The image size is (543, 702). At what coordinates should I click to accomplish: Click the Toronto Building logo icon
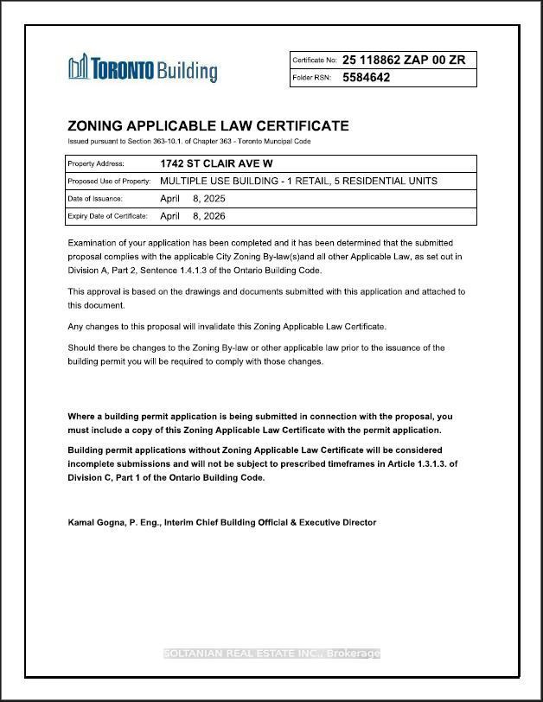click(79, 67)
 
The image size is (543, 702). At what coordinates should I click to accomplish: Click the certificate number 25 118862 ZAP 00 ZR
click(404, 60)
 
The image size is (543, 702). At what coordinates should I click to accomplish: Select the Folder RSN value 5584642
click(366, 78)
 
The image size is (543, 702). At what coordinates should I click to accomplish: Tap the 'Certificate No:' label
click(314, 61)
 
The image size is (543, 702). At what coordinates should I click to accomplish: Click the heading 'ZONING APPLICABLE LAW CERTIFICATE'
click(208, 125)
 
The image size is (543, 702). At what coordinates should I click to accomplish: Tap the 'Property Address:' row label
click(96, 163)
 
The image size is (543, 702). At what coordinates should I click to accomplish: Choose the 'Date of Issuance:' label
click(95, 199)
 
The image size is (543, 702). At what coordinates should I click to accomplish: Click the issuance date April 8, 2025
click(192, 199)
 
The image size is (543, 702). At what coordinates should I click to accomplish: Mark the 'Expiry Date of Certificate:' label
click(107, 216)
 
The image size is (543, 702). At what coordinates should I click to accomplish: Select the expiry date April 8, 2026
click(192, 216)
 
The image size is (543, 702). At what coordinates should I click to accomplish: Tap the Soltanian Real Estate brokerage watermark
click(271, 654)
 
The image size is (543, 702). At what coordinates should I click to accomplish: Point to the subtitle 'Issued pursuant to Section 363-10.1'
click(189, 141)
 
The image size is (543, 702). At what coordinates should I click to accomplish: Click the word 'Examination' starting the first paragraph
click(95, 243)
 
